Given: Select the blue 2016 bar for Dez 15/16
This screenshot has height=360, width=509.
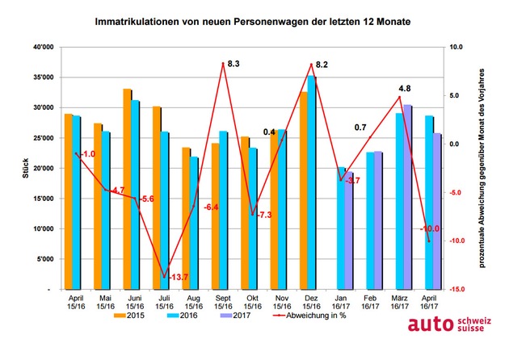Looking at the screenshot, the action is (311, 182).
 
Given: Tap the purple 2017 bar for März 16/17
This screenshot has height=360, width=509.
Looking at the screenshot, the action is (407, 197).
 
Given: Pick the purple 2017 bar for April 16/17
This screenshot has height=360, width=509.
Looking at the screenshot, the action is (437, 211).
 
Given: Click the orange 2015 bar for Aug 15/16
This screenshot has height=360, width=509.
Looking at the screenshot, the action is (186, 219).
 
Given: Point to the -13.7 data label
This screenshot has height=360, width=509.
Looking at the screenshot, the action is (179, 277).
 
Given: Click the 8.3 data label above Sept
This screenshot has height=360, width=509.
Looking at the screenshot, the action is (233, 64).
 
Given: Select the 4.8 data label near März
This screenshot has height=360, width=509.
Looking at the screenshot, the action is (405, 89).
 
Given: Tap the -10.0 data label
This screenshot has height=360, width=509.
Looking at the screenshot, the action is (430, 228).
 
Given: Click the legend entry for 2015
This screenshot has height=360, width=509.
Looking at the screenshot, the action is (129, 316).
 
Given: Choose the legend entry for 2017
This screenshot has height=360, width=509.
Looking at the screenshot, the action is (235, 316).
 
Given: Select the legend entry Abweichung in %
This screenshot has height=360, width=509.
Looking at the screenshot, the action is (309, 316).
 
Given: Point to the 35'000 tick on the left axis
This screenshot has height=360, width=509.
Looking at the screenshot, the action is (48, 77).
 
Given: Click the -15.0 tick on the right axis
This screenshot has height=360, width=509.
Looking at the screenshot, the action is (456, 289).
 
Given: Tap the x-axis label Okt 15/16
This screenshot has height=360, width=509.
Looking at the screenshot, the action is (253, 302).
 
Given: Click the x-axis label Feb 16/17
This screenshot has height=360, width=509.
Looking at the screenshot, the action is (370, 302).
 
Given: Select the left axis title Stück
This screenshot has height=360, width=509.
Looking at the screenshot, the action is (26, 168).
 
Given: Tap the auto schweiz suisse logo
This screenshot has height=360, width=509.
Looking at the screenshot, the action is (449, 324).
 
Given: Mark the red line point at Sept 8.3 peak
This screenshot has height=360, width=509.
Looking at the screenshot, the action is (223, 63).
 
